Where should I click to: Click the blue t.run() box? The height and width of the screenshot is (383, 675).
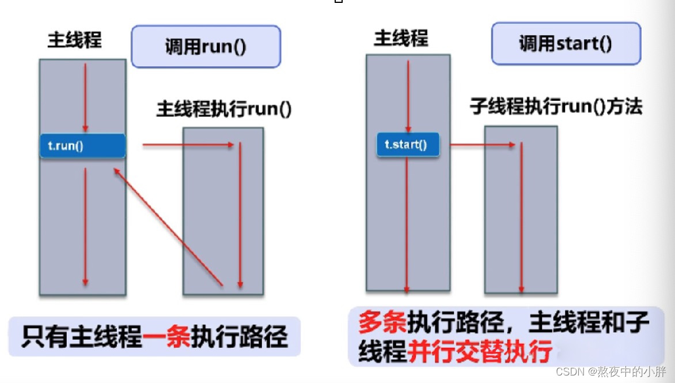tap(82, 146)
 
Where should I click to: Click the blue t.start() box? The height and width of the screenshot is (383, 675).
tap(408, 145)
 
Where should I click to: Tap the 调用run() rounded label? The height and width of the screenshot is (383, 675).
tap(206, 46)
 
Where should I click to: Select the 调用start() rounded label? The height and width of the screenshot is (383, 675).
tap(565, 43)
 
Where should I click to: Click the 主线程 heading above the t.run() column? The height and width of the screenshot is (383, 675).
tap(74, 40)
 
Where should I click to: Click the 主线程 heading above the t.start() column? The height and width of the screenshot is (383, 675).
tap(401, 38)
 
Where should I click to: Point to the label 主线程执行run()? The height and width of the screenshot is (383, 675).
tap(223, 110)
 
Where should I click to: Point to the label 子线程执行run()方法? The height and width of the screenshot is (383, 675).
tap(556, 107)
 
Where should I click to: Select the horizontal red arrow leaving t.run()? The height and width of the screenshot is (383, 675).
tap(188, 145)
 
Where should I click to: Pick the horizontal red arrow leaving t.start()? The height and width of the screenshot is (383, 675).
tap(482, 145)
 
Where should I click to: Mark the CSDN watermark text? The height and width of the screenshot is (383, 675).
tap(610, 371)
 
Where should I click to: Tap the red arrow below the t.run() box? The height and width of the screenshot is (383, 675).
tap(85, 225)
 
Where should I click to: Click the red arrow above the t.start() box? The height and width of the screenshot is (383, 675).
tap(408, 95)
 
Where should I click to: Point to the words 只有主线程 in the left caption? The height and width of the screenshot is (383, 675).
tap(81, 337)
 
